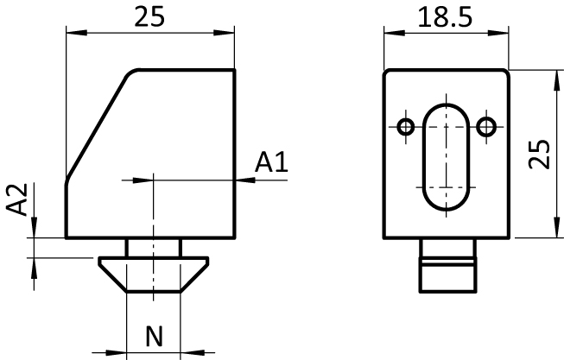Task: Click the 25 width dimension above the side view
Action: [149, 17]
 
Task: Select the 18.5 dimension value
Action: [445, 17]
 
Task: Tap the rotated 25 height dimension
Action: [539, 154]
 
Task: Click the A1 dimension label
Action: [271, 162]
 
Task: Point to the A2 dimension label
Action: [17, 199]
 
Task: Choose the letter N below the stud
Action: [155, 337]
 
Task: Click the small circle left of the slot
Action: [406, 127]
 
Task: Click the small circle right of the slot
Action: [486, 127]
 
